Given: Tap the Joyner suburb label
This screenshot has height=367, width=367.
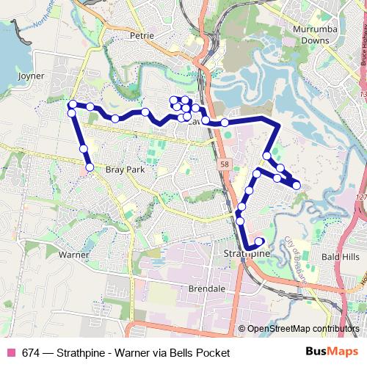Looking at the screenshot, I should (x=29, y=76).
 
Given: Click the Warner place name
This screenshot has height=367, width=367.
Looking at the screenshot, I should (x=73, y=255).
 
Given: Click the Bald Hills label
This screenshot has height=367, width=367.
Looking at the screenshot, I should (x=341, y=258).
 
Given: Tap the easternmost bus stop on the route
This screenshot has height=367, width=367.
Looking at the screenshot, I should (x=297, y=185).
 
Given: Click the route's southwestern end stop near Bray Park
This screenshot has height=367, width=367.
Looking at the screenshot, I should (x=90, y=168).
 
